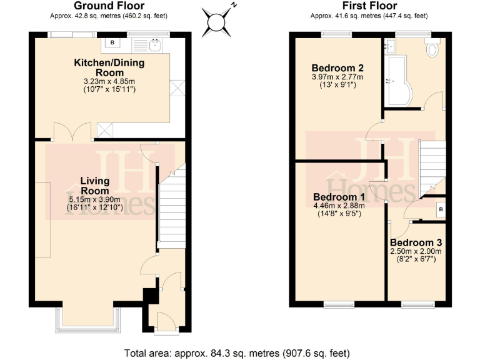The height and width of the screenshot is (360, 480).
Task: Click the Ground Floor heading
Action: point(109,6)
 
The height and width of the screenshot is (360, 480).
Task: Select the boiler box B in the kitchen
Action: point(112,42)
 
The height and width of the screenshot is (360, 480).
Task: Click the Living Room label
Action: point(95,186)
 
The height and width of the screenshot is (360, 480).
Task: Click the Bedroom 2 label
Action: point(337,68)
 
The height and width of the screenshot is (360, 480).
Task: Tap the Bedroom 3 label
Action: point(416,242)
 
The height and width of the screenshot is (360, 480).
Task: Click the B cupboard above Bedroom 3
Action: point(441,209)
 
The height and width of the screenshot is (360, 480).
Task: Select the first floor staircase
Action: point(431,166)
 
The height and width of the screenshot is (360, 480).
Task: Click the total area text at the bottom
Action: point(240,352)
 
